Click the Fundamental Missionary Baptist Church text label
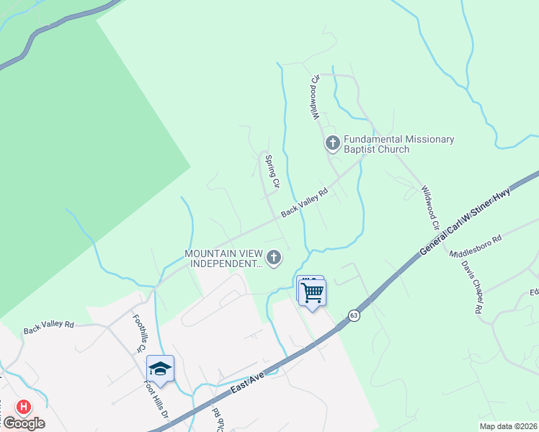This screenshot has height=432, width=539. (398, 144)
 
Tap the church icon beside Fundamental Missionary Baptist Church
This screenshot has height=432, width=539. (332, 143)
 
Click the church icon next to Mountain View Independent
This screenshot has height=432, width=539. (273, 257)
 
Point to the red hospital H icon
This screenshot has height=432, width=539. (24, 408)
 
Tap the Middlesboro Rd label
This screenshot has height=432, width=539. (476, 247)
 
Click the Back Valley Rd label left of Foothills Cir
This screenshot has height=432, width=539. (48, 327)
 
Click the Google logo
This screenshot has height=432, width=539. (24, 423)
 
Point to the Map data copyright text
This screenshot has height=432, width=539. (508, 426)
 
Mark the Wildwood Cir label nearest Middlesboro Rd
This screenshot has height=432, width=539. (431, 207)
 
